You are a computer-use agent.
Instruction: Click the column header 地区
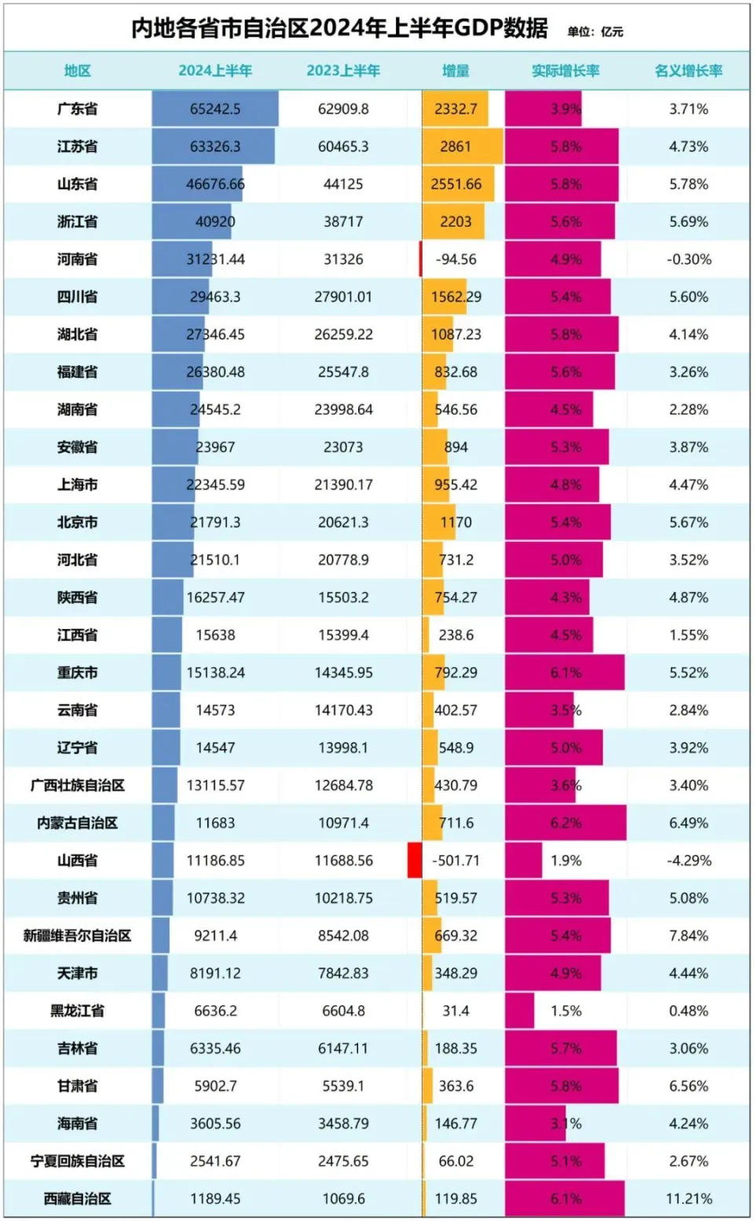pyautogui.click(x=77, y=71)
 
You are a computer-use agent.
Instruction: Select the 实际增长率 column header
pyautogui.click(x=565, y=71)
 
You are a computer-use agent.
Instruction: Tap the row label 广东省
pyautogui.click(x=77, y=109)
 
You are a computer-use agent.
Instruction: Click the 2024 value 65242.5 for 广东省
pyautogui.click(x=215, y=109)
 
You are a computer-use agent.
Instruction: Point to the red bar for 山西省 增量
pyautogui.click(x=415, y=861)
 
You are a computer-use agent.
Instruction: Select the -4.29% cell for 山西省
pyautogui.click(x=689, y=861)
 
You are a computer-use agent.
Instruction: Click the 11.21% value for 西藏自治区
pyautogui.click(x=689, y=1199)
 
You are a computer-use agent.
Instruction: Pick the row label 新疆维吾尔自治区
pyautogui.click(x=77, y=936)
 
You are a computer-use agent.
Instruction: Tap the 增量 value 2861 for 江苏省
pyautogui.click(x=456, y=147)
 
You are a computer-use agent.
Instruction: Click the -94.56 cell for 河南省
pyautogui.click(x=456, y=259)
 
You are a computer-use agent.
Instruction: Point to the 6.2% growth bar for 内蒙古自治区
pyautogui.click(x=565, y=823)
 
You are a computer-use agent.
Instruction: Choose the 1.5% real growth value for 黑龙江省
pyautogui.click(x=565, y=1011)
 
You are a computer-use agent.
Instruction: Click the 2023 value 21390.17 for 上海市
pyautogui.click(x=343, y=485)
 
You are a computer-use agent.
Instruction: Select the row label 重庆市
pyautogui.click(x=77, y=673)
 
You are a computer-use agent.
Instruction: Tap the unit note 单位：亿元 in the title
pyautogui.click(x=595, y=31)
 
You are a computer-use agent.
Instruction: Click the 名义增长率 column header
pyautogui.click(x=689, y=71)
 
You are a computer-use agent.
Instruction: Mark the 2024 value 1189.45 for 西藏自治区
pyautogui.click(x=215, y=1199)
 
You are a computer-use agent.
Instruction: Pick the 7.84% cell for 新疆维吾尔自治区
pyautogui.click(x=689, y=936)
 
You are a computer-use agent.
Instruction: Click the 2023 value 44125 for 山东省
pyautogui.click(x=343, y=185)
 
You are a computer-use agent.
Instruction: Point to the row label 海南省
pyautogui.click(x=77, y=1124)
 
